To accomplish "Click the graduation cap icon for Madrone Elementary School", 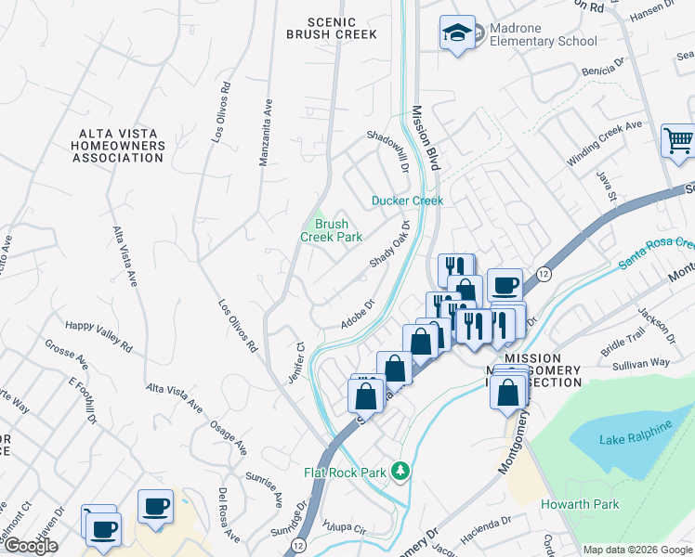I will click(457, 33).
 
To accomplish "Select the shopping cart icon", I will click(678, 142).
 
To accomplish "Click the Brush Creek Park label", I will click(331, 230).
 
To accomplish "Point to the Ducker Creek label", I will click(407, 201).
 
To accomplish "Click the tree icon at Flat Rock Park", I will click(400, 472).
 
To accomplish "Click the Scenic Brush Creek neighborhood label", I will click(332, 28).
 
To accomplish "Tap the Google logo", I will click(30, 546).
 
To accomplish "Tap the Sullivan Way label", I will click(641, 364).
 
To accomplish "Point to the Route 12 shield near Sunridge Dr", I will click(297, 543).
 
